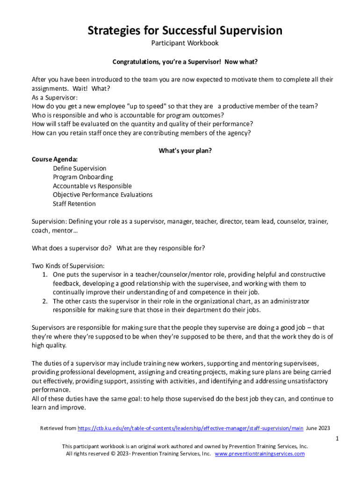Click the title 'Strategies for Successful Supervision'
[x=185, y=31]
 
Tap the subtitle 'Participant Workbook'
[x=185, y=44]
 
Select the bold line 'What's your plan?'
[x=185, y=151]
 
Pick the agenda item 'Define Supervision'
[x=79, y=168]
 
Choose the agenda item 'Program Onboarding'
[x=83, y=177]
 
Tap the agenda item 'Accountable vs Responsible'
[x=92, y=186]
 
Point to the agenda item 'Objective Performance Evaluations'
[x=102, y=195]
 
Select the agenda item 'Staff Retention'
[x=74, y=203]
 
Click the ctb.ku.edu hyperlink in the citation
[x=190, y=428]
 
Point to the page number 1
[x=337, y=439]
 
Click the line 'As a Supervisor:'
[x=55, y=97]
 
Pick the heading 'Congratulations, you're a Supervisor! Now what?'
[x=185, y=62]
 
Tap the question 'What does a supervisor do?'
[x=72, y=248]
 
